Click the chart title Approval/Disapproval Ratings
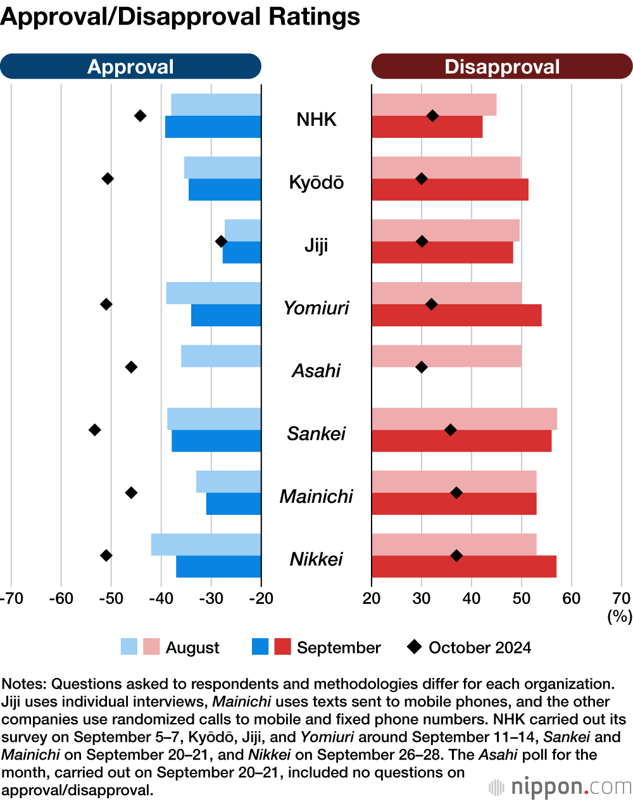[x=180, y=17]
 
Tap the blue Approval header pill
[x=130, y=66]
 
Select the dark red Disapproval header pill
[x=502, y=66]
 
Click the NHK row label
[x=316, y=120]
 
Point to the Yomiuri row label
[x=316, y=308]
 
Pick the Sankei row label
[x=316, y=434]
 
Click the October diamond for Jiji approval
[x=221, y=241]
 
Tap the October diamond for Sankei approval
[x=95, y=430]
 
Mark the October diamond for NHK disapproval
[x=432, y=116]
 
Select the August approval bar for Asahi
[x=221, y=356]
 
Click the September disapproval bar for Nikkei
[x=464, y=567]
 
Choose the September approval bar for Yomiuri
[x=226, y=316]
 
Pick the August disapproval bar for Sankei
[x=464, y=419]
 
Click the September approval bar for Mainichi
[x=234, y=504]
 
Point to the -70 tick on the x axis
[x=11, y=598]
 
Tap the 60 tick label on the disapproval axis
[x=572, y=598]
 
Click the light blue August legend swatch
[x=129, y=647]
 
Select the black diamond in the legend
[x=415, y=646]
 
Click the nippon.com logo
[x=560, y=787]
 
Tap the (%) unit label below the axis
[x=620, y=616]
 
